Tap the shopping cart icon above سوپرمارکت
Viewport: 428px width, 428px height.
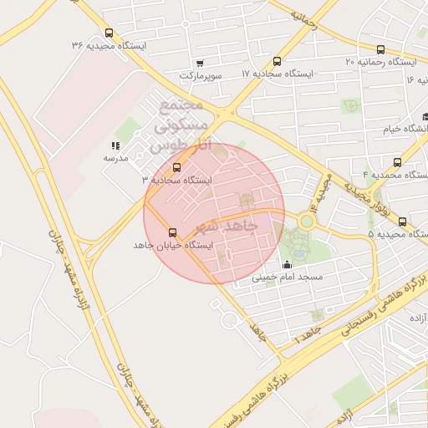coord(199,63)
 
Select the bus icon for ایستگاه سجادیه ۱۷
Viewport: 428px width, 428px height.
coord(278,60)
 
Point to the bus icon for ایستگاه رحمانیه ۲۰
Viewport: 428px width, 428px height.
coord(381,49)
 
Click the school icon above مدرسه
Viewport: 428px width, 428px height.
coord(115,145)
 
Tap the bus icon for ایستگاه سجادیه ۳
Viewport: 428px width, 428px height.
coord(176,167)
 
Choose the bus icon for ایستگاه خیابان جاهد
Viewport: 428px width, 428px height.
coord(173,232)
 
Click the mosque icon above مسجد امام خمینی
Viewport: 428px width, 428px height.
coord(287,265)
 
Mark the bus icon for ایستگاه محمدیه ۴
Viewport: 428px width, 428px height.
coord(397,162)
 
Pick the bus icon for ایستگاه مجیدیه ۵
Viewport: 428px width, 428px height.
coord(403,222)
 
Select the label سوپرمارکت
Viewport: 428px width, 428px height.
coord(200,75)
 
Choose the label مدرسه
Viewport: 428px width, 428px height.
coord(115,158)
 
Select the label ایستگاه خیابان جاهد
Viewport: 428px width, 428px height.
coord(174,246)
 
